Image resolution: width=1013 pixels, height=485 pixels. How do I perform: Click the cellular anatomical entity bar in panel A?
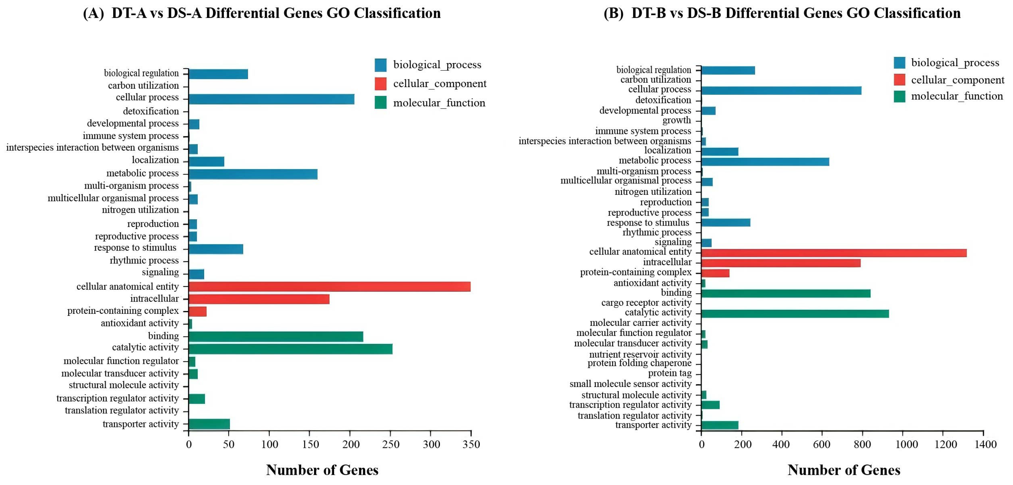click(330, 286)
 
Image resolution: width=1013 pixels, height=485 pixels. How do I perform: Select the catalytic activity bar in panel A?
click(290, 349)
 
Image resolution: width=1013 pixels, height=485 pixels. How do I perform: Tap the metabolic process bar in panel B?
click(765, 162)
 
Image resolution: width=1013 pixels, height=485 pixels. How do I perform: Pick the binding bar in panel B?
click(786, 293)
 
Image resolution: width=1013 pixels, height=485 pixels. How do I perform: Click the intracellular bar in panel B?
click(781, 263)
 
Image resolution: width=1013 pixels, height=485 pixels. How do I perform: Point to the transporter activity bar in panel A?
click(209, 424)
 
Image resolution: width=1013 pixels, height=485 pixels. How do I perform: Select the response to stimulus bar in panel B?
click(726, 223)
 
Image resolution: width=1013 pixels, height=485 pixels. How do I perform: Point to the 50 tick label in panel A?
click(229, 444)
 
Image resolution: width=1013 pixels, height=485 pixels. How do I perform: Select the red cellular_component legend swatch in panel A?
click(380, 84)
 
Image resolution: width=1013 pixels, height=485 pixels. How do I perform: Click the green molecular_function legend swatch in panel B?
click(899, 96)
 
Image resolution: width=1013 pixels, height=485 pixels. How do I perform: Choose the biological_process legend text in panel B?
click(955, 63)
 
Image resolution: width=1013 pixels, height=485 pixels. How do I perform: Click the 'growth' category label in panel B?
click(676, 120)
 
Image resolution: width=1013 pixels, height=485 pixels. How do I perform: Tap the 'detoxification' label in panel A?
click(151, 111)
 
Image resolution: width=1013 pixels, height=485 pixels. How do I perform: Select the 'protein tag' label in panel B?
click(670, 373)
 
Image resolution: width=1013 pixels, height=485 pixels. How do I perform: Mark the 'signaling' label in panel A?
click(160, 272)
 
